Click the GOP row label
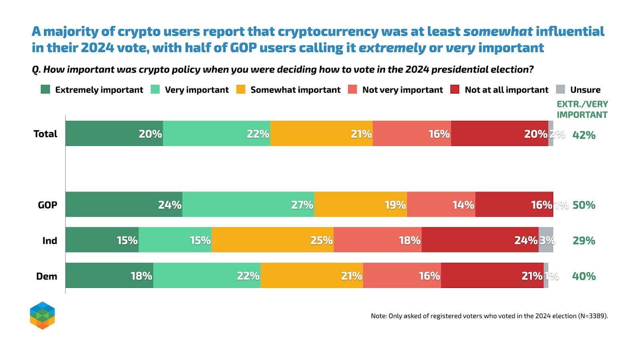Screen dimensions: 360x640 47,205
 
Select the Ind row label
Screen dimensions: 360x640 50,240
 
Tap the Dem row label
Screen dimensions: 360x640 46,276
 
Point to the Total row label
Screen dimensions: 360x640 45,134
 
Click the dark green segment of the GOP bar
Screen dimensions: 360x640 124,204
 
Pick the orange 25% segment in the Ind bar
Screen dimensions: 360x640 272,240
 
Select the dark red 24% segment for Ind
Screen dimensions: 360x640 480,240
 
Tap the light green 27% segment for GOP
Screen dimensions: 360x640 248,204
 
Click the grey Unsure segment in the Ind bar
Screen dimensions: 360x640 546,240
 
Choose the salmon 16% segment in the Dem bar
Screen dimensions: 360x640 402,276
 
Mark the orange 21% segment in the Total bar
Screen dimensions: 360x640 322,134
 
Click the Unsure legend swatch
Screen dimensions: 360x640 561,89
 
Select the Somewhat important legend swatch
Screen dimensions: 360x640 241,89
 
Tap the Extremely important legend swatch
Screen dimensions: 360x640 46,89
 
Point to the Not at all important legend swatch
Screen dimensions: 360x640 455,89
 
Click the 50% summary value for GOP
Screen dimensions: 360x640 584,205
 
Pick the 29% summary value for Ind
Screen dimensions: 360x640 584,240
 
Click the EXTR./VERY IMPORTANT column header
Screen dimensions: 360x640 582,109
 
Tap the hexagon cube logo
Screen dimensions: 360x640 42,316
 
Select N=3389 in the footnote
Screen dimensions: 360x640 592,316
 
